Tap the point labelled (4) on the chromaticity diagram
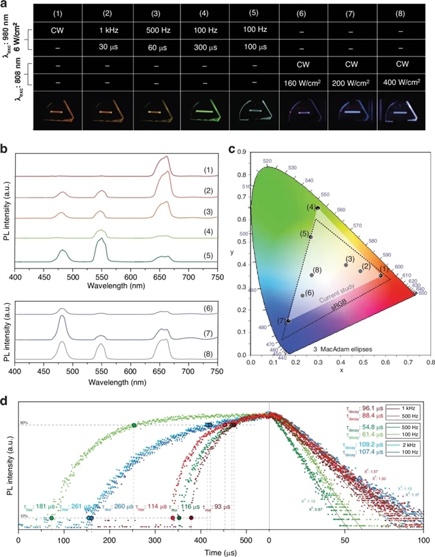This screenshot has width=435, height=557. point(318,208)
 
